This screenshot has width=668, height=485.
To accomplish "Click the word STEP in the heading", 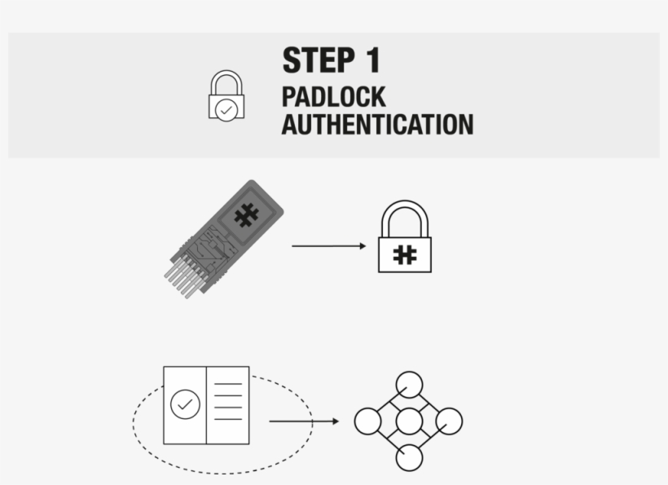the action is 319,60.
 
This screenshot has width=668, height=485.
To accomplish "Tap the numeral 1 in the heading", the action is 373,60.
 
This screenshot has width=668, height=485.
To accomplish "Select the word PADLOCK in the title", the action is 333,97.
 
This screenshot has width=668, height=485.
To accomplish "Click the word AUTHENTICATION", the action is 377,125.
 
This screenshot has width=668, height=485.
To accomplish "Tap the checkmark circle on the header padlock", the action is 226,110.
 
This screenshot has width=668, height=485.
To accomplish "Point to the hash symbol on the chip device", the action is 246,215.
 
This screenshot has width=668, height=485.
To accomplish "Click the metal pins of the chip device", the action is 182,278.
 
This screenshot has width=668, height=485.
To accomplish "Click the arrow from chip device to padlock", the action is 329,246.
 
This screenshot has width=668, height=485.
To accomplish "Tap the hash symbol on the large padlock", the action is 405,255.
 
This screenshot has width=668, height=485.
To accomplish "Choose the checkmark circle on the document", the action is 185,404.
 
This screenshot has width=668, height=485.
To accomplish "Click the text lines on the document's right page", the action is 228,402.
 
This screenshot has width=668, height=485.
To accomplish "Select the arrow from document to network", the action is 304,421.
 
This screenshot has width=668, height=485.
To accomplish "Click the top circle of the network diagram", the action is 409,385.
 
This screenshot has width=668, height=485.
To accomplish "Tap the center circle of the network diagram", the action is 409,421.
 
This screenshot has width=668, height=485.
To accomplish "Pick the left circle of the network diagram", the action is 367,421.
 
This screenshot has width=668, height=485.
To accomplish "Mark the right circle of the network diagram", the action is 449,421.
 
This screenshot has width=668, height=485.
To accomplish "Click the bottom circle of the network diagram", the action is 409,458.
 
